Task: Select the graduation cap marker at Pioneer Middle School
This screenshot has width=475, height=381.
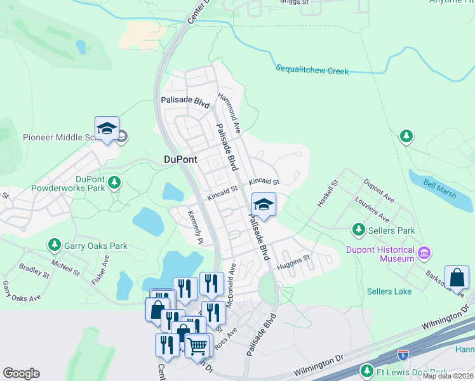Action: coord(107,128)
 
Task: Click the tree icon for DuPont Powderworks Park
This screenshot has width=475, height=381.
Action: coord(114,184)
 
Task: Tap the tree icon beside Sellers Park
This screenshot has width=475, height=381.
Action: coord(359,229)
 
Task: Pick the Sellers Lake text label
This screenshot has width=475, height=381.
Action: coord(389,291)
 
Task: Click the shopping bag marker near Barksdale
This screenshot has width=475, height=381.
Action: coord(457,278)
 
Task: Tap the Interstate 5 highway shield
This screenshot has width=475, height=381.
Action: coord(403,354)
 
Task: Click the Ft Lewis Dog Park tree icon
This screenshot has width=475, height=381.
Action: coord(366,371)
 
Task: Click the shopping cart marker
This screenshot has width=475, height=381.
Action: coord(197,346)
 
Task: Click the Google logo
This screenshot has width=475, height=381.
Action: coord(21,373)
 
